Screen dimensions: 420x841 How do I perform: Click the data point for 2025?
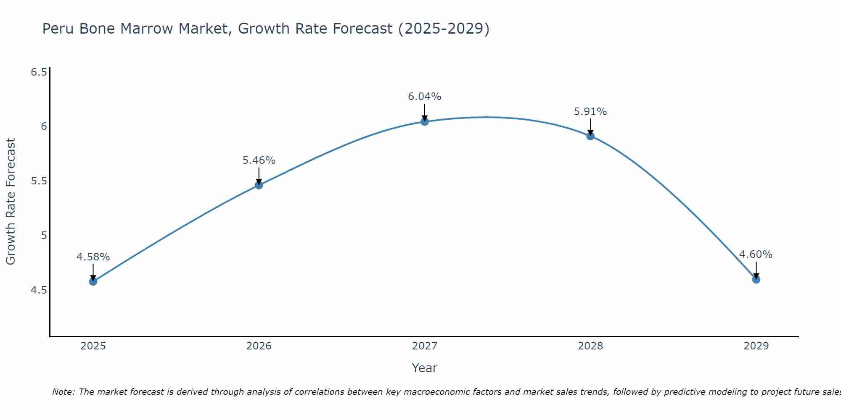(x=93, y=281)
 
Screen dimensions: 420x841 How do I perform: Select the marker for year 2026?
(x=259, y=185)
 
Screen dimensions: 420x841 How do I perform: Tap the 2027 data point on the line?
(x=424, y=122)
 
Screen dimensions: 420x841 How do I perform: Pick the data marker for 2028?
(x=590, y=136)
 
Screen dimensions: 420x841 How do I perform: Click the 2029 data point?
(x=756, y=279)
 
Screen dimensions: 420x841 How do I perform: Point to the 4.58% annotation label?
(x=93, y=257)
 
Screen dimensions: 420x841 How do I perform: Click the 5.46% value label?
(x=259, y=160)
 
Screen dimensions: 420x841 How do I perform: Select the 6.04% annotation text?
(x=424, y=97)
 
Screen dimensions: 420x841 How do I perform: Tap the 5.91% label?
(x=590, y=112)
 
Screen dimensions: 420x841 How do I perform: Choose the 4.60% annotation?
(x=756, y=255)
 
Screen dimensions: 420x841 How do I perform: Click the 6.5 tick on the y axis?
(x=39, y=72)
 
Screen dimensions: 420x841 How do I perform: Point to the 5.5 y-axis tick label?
(x=39, y=181)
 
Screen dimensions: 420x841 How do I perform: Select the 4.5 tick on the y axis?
(x=39, y=290)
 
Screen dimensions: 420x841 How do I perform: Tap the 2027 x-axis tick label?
(x=424, y=346)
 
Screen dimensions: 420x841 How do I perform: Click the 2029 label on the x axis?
(x=756, y=346)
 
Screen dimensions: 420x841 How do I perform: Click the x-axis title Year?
(x=424, y=368)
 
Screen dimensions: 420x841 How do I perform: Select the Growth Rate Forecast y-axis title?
(x=11, y=201)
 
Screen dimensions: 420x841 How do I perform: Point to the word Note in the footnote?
(x=63, y=392)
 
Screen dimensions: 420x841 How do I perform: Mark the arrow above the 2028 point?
(x=590, y=126)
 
